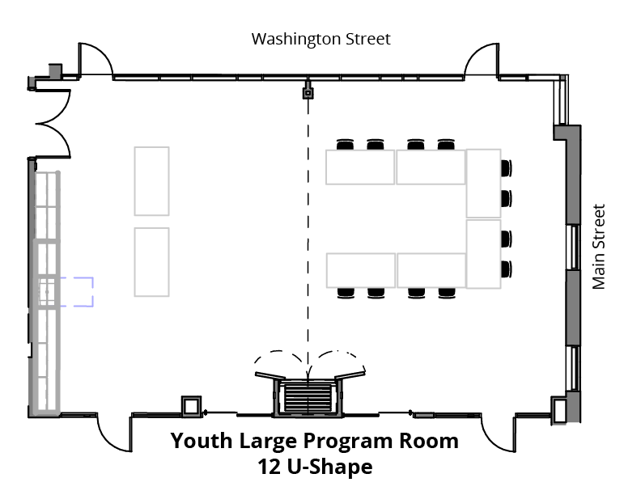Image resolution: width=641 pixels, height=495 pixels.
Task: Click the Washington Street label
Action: [x=321, y=40]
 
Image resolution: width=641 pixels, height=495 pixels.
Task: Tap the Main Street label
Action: [x=598, y=247]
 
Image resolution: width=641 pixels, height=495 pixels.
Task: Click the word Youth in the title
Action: [x=202, y=441]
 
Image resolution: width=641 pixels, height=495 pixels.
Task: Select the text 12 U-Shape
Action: [x=315, y=467]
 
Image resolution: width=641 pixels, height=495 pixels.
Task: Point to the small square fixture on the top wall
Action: [x=308, y=93]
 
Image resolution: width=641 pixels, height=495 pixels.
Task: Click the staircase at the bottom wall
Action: [x=308, y=397]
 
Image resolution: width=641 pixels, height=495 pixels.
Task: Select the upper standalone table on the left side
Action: [x=151, y=181]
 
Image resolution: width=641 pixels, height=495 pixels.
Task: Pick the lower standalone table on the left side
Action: [x=151, y=262]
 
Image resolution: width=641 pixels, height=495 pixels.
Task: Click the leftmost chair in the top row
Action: [x=345, y=145]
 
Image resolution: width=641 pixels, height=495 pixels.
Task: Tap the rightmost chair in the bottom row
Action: [x=447, y=293]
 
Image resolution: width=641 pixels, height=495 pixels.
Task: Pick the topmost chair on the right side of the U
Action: [x=507, y=168]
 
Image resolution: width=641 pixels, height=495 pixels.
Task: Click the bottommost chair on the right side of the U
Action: [x=507, y=269]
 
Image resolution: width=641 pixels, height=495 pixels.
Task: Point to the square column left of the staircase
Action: [x=191, y=406]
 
